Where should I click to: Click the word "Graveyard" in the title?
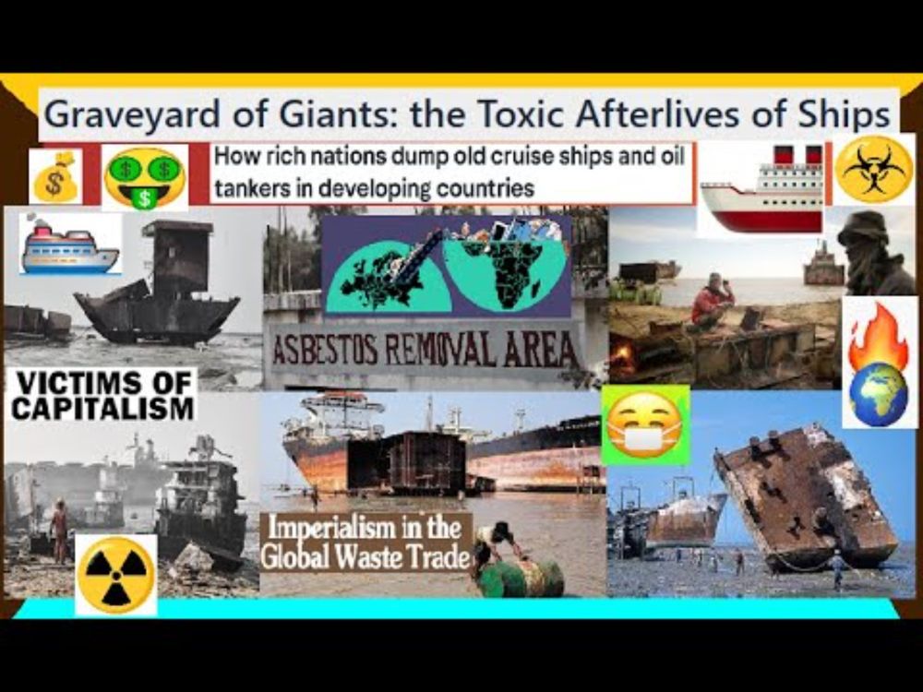pos(134,114)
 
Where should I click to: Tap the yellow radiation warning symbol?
pos(116,575)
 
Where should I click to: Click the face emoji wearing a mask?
pos(645,424)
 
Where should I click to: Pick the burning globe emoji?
pos(879,364)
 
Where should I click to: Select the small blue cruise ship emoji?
pos(69,245)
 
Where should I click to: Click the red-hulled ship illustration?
pos(762,188)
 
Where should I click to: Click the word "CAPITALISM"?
pos(103,409)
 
